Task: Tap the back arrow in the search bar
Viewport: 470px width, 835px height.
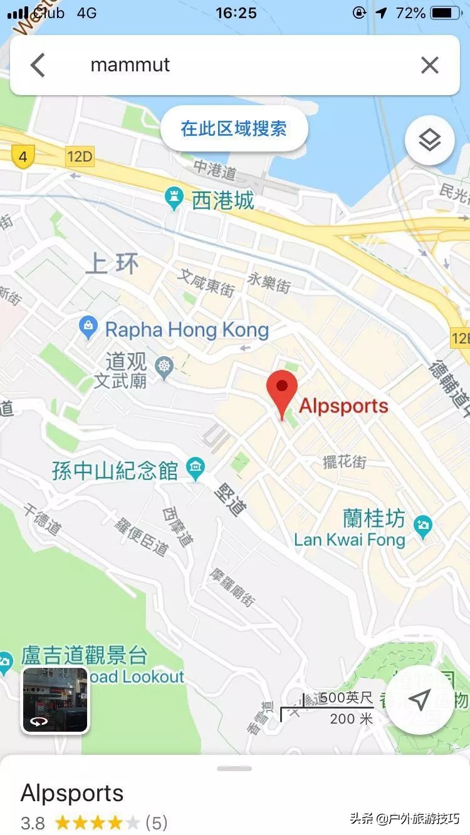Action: coord(38,65)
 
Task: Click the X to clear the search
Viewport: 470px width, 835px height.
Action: coord(429,65)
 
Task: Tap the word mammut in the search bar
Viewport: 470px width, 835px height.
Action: coord(130,65)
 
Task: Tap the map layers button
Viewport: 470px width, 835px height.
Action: coord(429,140)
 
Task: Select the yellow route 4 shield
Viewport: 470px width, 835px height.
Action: coord(23,156)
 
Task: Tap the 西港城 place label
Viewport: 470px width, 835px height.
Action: coord(222,200)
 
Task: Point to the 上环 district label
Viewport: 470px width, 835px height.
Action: coord(112,264)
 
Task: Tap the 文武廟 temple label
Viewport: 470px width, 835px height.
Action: coord(120,380)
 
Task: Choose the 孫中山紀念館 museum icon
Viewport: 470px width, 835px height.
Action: coord(196,469)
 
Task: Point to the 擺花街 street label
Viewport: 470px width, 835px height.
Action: coord(344,463)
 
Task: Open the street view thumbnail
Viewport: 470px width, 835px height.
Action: coord(55,699)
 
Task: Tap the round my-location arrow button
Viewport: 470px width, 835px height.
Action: coord(419,699)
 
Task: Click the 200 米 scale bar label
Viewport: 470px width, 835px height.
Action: coord(351,719)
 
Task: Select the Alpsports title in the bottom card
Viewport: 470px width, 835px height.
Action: coord(72,793)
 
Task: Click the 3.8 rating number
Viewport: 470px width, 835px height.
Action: coord(33,822)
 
